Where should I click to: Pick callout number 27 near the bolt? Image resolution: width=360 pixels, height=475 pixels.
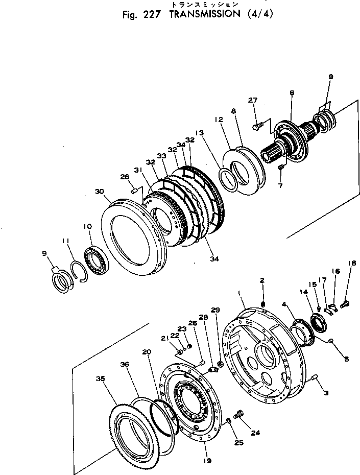click(253, 100)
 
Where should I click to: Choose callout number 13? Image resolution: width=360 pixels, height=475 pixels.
click(199, 133)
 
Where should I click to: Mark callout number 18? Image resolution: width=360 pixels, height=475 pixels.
click(350, 292)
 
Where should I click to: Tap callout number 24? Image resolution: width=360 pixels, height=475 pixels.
click(255, 433)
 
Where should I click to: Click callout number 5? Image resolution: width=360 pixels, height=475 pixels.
click(346, 360)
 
